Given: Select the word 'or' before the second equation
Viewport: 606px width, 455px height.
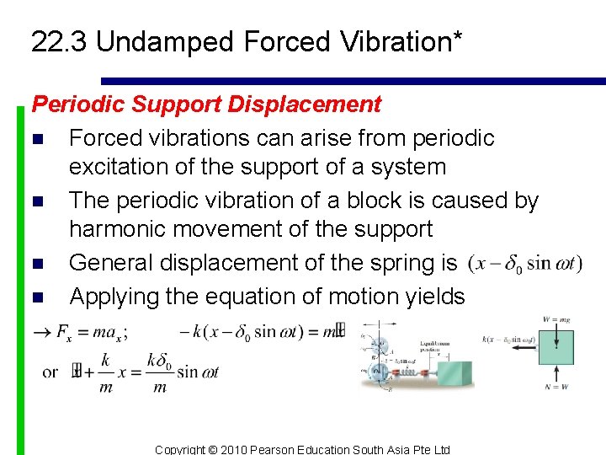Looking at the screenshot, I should (50, 372).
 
